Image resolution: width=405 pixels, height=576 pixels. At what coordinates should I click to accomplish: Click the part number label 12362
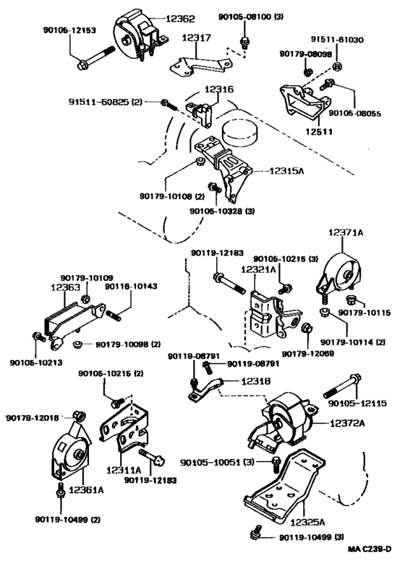tap(180, 18)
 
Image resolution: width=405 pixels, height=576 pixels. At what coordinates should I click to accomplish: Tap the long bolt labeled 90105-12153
tap(97, 58)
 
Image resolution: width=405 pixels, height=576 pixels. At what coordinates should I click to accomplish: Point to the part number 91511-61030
tap(337, 39)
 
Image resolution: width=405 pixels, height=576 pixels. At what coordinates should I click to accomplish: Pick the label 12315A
tap(287, 171)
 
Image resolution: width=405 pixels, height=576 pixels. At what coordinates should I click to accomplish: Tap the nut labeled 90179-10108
tap(200, 161)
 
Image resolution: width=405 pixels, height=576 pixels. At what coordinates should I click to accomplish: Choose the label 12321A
tap(258, 270)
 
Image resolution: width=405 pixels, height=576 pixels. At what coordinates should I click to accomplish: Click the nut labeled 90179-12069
tap(307, 327)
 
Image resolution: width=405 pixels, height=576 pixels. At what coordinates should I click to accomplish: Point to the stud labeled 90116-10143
tap(114, 315)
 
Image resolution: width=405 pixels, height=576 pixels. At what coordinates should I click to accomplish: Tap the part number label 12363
tap(65, 287)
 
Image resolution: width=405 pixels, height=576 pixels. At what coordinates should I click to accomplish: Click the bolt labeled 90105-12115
tap(342, 385)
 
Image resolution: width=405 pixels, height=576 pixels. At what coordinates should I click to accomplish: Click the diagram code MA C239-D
tap(370, 549)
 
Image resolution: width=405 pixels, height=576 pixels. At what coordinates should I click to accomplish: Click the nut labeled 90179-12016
tap(79, 416)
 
